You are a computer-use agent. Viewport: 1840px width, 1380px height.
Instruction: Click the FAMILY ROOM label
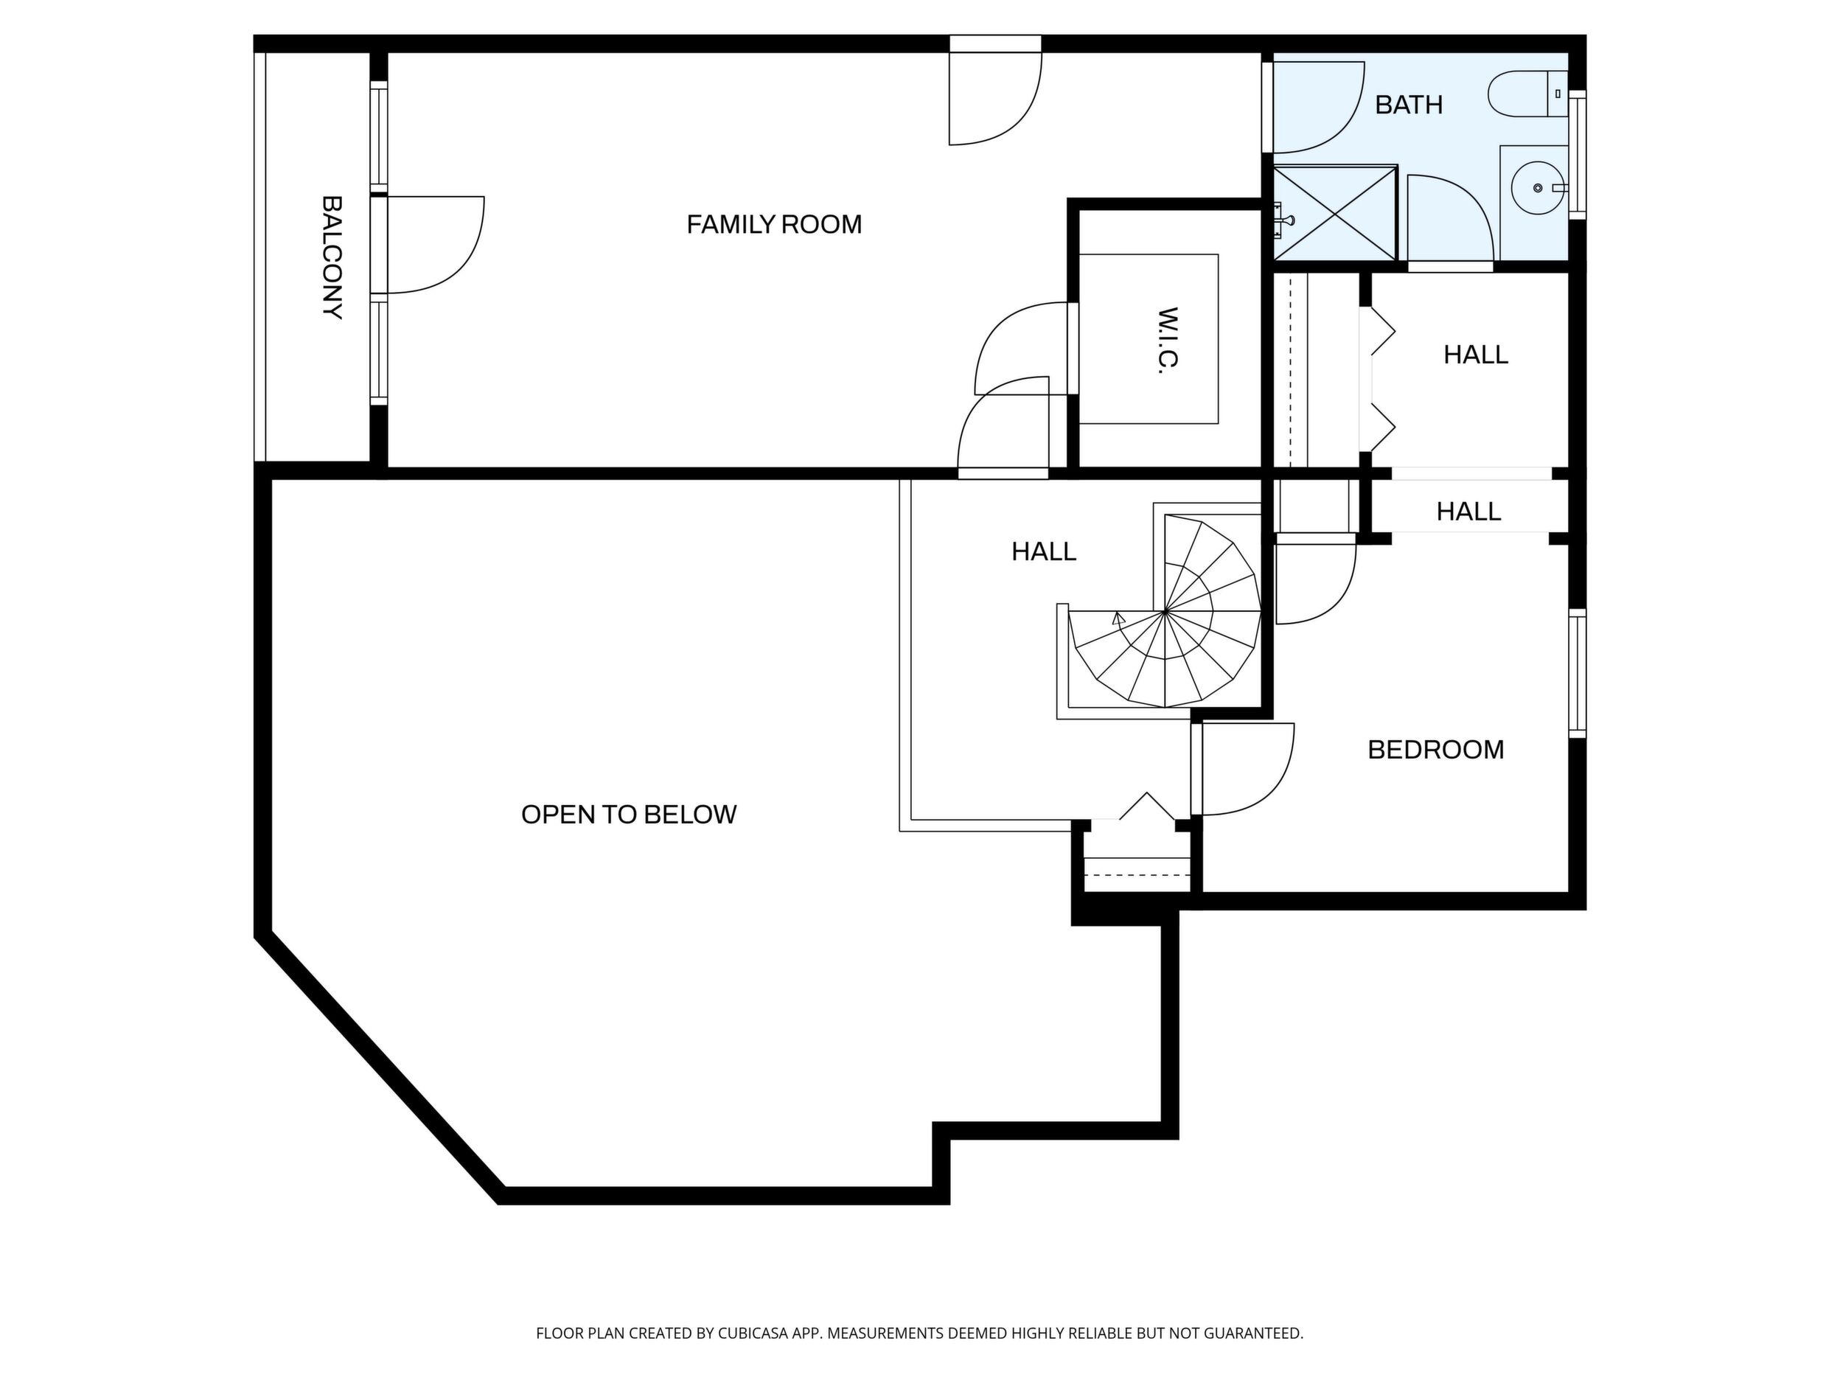coord(773,225)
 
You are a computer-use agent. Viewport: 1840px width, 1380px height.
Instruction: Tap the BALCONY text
coord(332,257)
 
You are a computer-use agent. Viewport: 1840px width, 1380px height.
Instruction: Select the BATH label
coord(1408,105)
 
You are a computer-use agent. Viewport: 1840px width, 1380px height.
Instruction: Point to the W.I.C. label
coord(1168,341)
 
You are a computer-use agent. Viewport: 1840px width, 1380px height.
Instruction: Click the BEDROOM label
coord(1436,750)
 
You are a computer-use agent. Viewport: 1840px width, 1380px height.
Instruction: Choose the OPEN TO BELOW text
coord(629,815)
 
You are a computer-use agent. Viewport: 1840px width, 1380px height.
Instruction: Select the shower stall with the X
coord(1334,214)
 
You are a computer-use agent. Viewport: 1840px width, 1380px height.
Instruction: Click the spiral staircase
coord(1165,611)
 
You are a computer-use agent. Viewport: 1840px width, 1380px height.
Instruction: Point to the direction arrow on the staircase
coord(1119,618)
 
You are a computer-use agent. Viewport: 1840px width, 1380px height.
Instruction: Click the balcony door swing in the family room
coord(434,245)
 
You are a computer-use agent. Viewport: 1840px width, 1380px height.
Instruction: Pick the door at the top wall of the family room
coord(996,91)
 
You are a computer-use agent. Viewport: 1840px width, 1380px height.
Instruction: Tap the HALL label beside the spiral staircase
coord(1044,551)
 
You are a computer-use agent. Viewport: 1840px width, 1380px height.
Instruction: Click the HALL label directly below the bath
coord(1476,355)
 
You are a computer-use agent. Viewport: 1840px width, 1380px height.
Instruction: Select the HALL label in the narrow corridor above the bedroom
coord(1468,511)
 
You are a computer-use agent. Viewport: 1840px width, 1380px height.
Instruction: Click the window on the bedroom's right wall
coord(1577,673)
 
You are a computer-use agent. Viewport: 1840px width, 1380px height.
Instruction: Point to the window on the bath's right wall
coord(1577,155)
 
